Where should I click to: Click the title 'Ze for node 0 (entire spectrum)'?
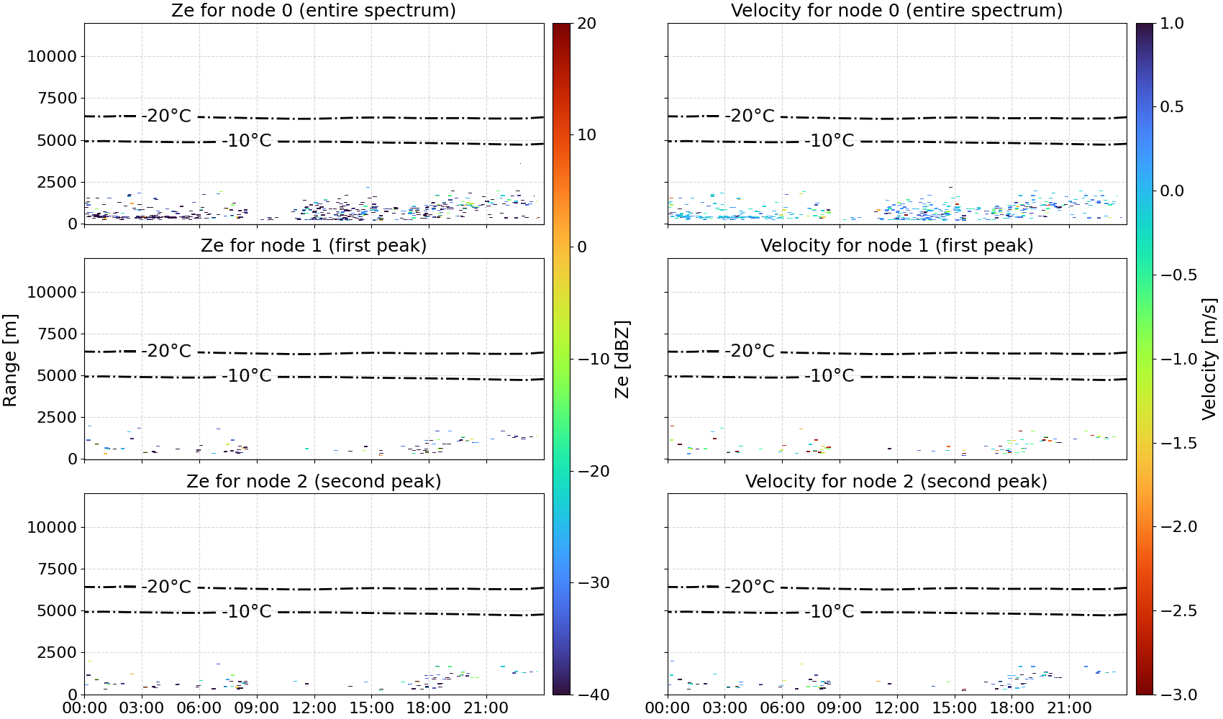point(314,10)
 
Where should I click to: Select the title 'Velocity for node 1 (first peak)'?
point(896,245)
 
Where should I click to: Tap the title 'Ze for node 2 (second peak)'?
point(314,481)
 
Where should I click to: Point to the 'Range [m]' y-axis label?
point(10,359)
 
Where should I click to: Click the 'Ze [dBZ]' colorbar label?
point(622,359)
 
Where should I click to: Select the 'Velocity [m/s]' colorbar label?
point(1210,359)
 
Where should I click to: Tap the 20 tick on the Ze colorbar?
point(587,24)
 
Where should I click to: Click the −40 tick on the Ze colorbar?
point(594,695)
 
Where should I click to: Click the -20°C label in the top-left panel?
point(166,116)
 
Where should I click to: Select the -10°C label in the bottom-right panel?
point(829,612)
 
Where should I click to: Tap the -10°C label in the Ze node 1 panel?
point(247,376)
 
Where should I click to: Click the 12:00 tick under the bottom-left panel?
point(314,708)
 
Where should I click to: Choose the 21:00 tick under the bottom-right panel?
point(1068,708)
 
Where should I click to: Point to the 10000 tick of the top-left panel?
point(53,56)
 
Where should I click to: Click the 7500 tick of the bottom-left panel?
point(58,569)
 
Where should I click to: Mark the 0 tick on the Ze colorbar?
point(582,247)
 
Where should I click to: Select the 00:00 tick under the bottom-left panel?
point(85,708)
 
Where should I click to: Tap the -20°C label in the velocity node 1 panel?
point(750,351)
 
